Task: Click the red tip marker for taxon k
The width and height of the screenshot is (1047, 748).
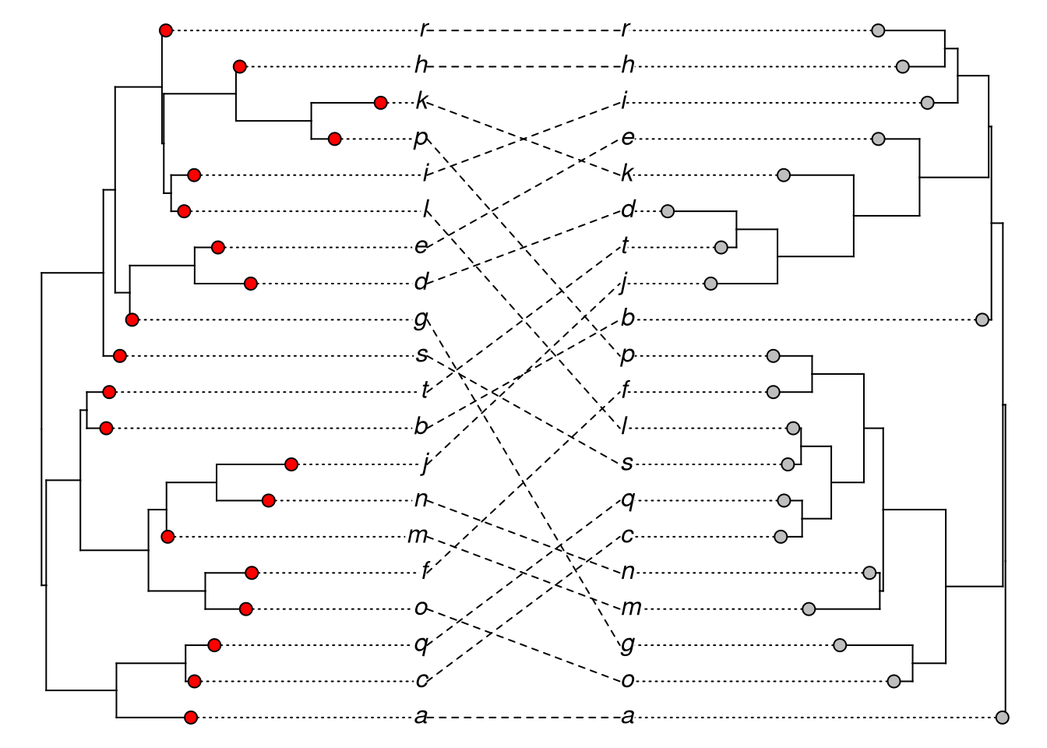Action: pos(380,103)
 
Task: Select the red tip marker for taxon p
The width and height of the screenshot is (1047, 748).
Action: pos(335,139)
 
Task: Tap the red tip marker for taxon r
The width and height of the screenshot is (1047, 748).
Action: pos(165,30)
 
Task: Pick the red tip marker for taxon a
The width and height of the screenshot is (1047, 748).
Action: pos(191,718)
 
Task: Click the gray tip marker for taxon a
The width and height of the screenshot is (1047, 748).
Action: pos(1003,718)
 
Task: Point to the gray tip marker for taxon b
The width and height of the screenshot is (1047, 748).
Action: pos(982,319)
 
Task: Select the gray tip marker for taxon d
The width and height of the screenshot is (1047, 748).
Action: pos(668,210)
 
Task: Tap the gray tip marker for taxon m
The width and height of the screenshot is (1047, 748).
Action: pos(809,609)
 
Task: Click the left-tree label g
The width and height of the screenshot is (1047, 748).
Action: pos(421,318)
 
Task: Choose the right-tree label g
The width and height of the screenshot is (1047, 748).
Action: pos(627,644)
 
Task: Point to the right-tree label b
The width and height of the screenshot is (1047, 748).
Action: pos(628,318)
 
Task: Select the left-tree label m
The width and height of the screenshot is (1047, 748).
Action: pos(418,535)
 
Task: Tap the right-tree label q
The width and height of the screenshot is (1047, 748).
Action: pos(628,499)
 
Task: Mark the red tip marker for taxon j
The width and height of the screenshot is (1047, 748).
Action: pos(291,464)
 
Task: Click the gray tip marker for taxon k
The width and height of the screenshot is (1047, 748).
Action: pos(784,175)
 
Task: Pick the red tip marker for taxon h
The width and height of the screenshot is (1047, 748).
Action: pos(240,67)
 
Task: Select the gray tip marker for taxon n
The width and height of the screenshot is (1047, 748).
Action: pos(869,573)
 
